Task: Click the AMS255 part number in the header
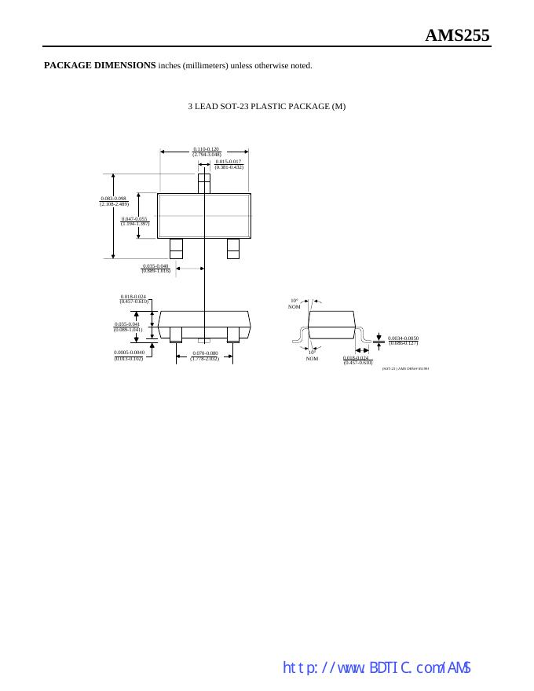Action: pyautogui.click(x=457, y=35)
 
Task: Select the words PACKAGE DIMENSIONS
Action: pyautogui.click(x=100, y=65)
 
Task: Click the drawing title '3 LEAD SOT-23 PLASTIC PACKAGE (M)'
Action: pyautogui.click(x=267, y=106)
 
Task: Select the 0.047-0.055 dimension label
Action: pyautogui.click(x=134, y=221)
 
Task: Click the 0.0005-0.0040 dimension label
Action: pyautogui.click(x=129, y=355)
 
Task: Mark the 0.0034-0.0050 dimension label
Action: pyautogui.click(x=404, y=340)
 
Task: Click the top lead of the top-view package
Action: pyautogui.click(x=204, y=183)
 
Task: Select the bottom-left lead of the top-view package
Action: pyautogui.click(x=176, y=248)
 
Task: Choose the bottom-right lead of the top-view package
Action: pyautogui.click(x=232, y=248)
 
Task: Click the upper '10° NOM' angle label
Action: pyautogui.click(x=294, y=303)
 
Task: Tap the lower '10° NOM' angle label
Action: pyautogui.click(x=312, y=356)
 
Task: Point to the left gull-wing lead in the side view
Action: pyautogui.click(x=299, y=337)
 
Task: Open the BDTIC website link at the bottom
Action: pyautogui.click(x=376, y=668)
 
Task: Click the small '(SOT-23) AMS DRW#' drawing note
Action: pyautogui.click(x=405, y=367)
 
